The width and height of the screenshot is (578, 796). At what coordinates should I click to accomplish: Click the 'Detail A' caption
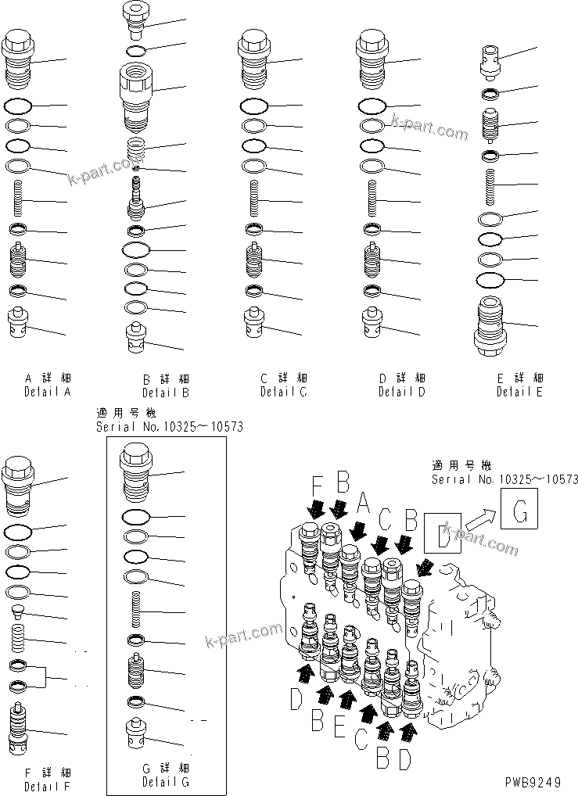pos(47,392)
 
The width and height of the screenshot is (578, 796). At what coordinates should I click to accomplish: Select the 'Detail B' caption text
pos(165,393)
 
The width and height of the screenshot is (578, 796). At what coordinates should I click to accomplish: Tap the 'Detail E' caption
pos(519,392)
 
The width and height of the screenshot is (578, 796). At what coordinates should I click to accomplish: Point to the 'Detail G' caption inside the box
pos(165,781)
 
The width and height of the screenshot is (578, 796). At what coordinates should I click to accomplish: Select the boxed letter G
pos(521,512)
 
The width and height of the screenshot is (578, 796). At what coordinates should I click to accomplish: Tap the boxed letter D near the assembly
pos(442,538)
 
